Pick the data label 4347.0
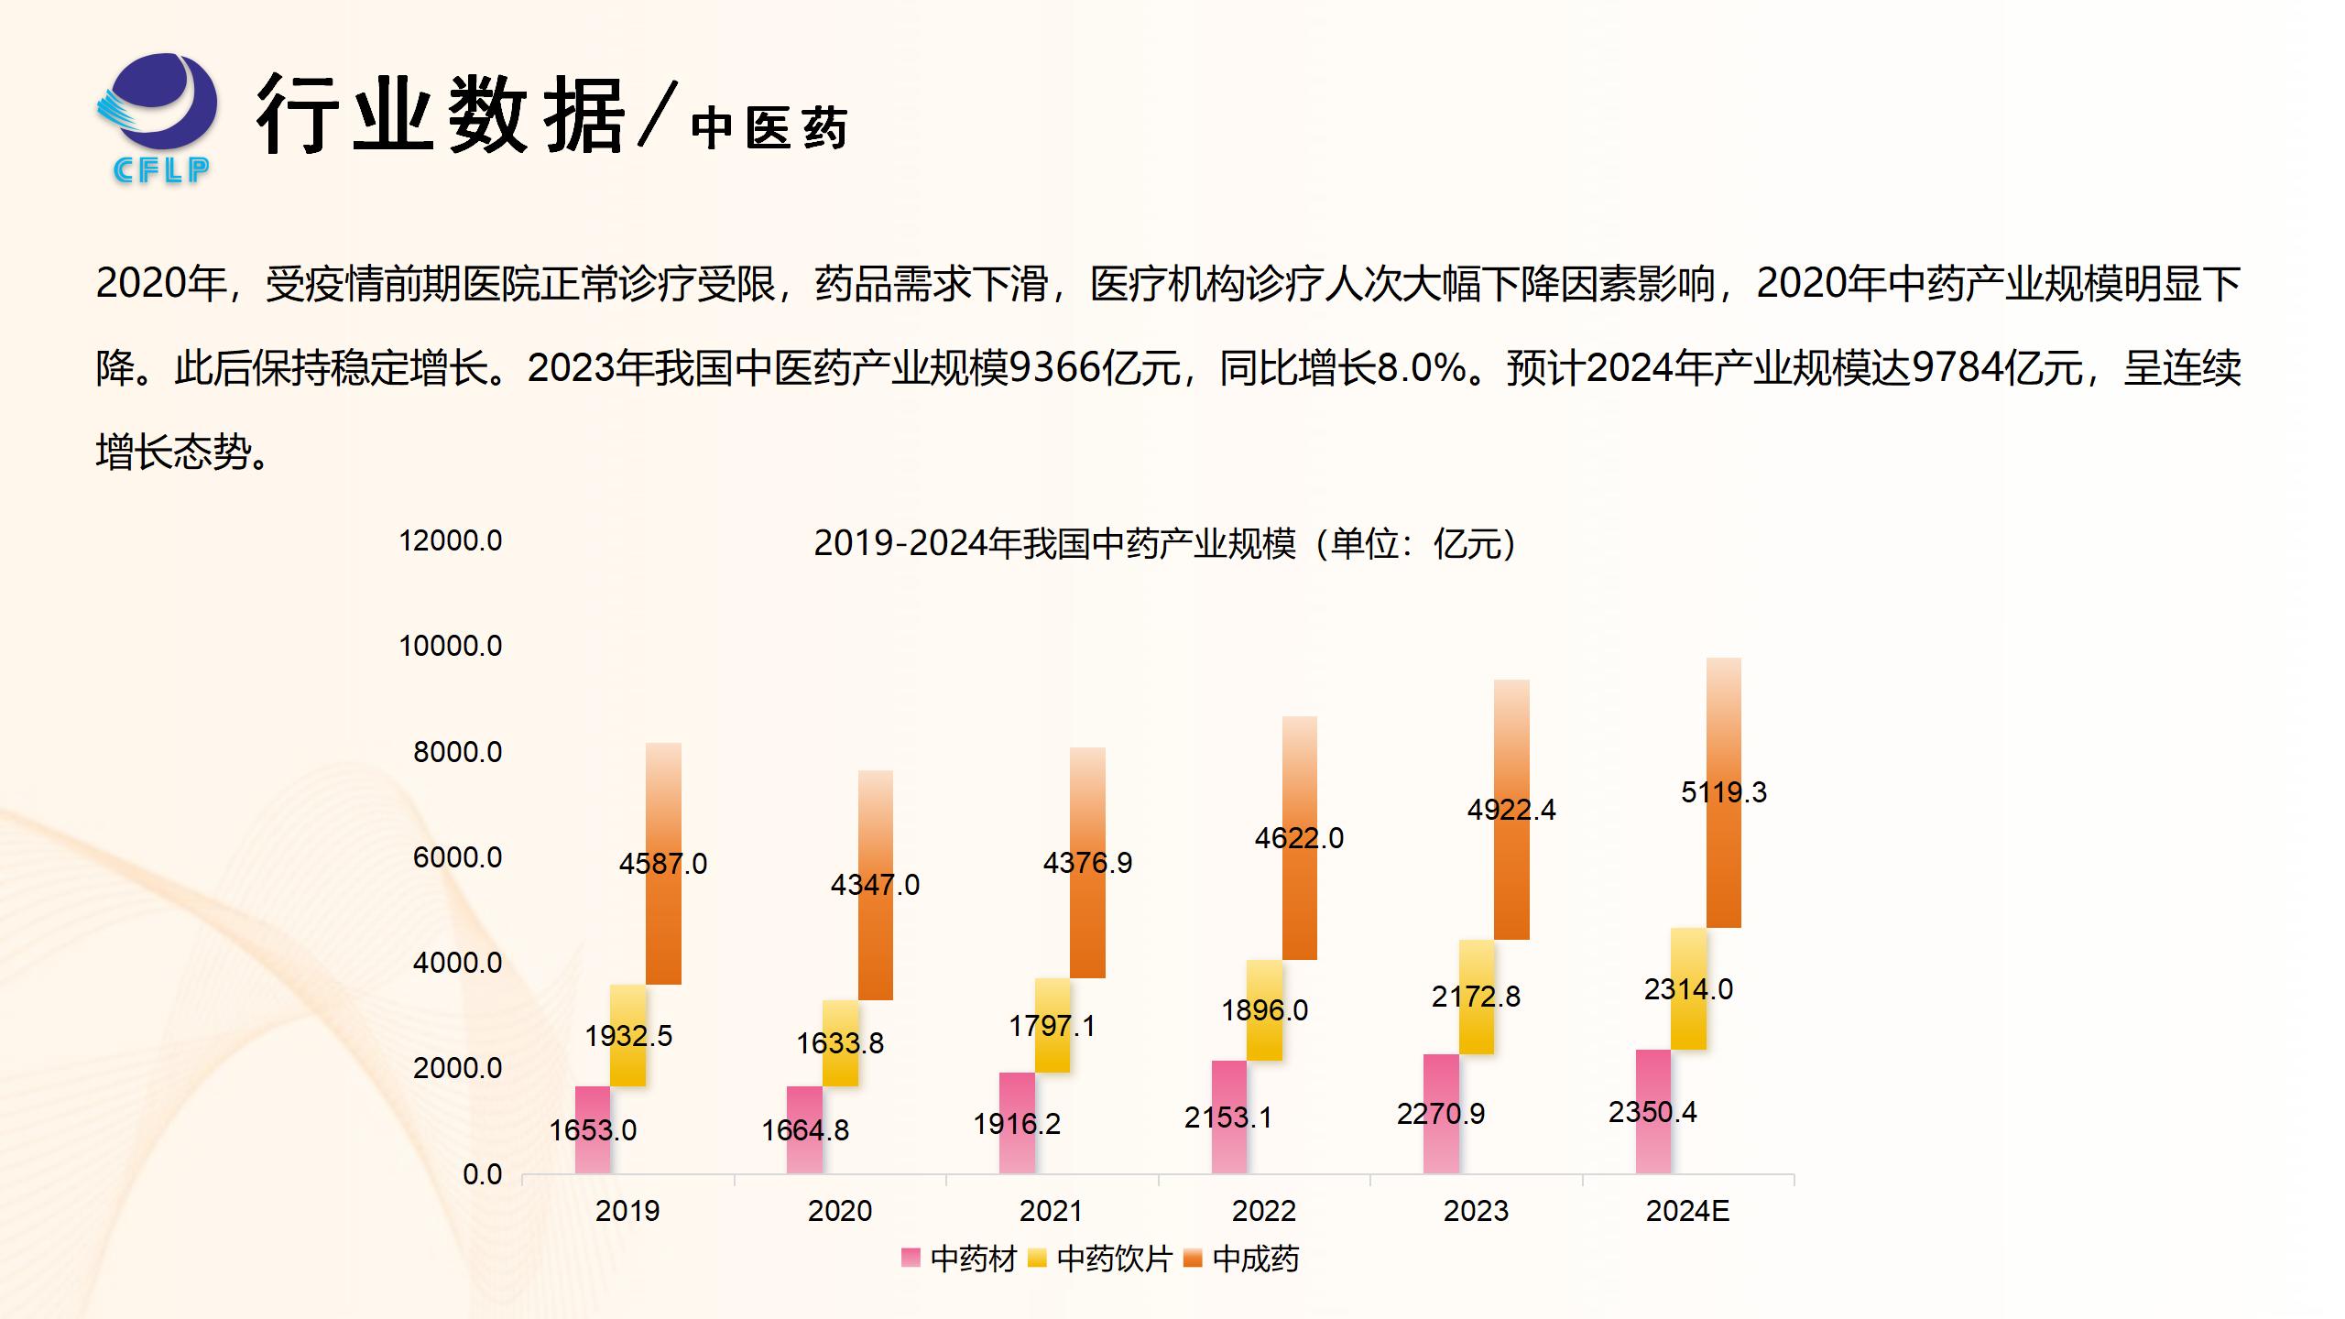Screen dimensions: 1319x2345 tap(875, 885)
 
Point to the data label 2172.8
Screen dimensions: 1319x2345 tap(1476, 997)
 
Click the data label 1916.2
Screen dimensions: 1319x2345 tap(1017, 1124)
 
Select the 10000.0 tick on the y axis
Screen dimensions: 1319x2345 tap(451, 647)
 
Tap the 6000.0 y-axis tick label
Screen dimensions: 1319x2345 tap(457, 858)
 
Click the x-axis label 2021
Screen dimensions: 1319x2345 tap(1052, 1211)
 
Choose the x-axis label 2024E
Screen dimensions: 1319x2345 tap(1687, 1211)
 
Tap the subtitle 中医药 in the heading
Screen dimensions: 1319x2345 tap(769, 128)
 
